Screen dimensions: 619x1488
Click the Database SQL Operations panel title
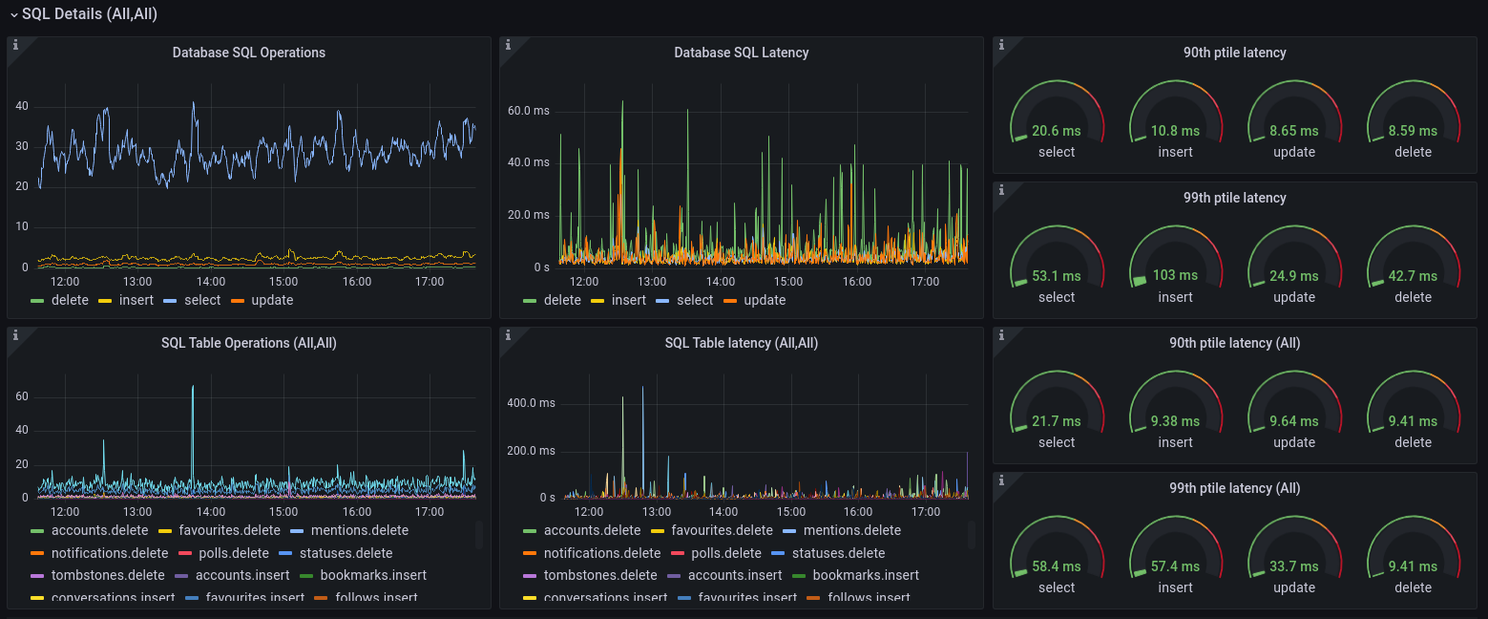click(248, 53)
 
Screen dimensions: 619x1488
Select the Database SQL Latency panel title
click(741, 53)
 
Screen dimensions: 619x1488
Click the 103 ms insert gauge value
click(1175, 276)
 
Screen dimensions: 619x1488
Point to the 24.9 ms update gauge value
click(1293, 276)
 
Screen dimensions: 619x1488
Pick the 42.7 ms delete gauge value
click(1413, 276)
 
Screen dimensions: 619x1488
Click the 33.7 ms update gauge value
click(1293, 566)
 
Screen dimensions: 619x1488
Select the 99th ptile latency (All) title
click(1234, 488)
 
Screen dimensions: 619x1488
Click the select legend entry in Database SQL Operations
click(202, 300)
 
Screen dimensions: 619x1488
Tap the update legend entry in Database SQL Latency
click(764, 300)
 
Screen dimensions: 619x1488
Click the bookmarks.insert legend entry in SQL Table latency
click(865, 575)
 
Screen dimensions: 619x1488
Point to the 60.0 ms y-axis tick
click(528, 111)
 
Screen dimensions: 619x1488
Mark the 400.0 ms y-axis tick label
click(531, 403)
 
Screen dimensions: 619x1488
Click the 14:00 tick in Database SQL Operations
click(211, 282)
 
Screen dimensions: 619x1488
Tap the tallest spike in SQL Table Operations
click(193, 387)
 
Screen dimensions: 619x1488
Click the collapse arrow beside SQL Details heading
click(12, 14)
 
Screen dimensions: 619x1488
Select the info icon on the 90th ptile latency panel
click(1001, 45)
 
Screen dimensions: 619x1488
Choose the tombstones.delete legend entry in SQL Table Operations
click(108, 575)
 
